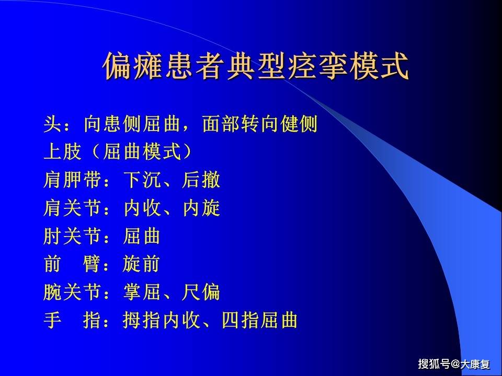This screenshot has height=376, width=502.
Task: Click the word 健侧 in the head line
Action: click(298, 125)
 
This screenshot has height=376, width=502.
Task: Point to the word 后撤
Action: click(201, 181)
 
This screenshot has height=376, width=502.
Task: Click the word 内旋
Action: click(201, 208)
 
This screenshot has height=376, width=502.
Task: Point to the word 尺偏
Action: click(201, 292)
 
